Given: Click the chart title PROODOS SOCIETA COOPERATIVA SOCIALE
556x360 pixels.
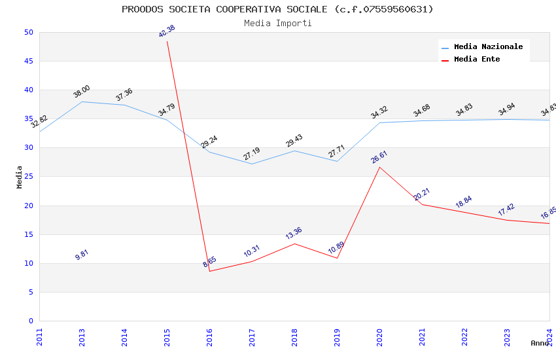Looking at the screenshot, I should click(277, 9).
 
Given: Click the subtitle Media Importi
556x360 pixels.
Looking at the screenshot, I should click(277, 23).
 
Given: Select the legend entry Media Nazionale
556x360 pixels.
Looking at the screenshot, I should click(488, 47).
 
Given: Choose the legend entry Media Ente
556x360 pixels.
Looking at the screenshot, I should click(477, 60).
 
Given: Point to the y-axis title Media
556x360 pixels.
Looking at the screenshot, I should click(20, 177).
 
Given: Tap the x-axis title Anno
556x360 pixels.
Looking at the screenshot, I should click(540, 343).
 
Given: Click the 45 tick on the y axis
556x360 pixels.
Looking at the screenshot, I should click(28, 62).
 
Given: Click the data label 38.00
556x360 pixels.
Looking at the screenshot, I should click(82, 92).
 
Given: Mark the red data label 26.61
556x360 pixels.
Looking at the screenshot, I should click(379, 157).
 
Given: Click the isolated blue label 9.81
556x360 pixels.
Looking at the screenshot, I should click(82, 255).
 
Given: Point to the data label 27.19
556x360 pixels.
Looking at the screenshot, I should click(252, 154).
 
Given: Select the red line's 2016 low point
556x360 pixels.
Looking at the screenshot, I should click(210, 271).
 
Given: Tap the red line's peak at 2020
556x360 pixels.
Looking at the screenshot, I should click(379, 167).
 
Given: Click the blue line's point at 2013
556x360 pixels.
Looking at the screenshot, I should click(82, 101).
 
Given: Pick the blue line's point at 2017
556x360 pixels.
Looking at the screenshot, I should click(252, 164).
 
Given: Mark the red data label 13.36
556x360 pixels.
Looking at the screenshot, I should click(294, 233).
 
